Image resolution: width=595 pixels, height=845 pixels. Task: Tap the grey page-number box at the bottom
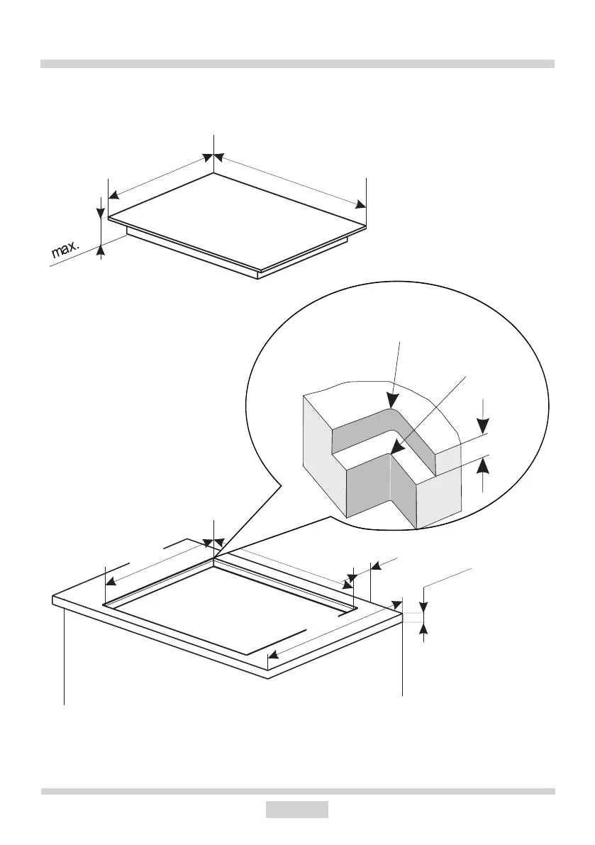click(297, 810)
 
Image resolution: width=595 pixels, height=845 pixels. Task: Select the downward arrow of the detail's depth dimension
click(483, 426)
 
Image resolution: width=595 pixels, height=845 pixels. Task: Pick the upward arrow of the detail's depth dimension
click(483, 465)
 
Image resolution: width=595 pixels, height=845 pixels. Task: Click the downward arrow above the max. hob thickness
click(101, 212)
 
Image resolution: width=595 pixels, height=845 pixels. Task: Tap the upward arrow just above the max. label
click(101, 248)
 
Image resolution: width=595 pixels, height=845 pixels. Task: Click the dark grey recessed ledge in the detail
click(369, 426)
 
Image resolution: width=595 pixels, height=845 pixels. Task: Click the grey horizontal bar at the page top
click(297, 64)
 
